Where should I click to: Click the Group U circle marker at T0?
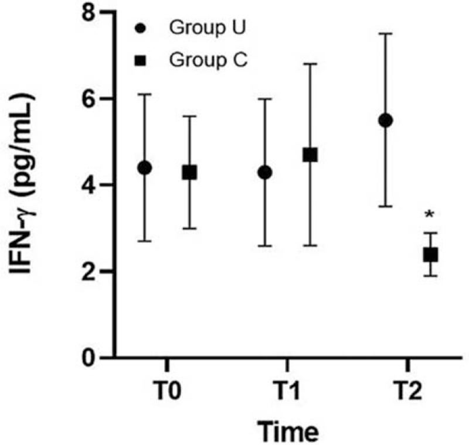(144, 168)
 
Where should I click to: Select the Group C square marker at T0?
(189, 173)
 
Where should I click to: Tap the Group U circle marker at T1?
(265, 173)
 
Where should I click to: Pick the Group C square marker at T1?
(310, 155)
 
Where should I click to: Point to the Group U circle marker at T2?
(385, 121)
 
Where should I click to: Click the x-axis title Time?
(290, 431)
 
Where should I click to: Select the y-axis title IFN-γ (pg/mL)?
(26, 185)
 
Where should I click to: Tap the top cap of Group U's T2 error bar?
(385, 34)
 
